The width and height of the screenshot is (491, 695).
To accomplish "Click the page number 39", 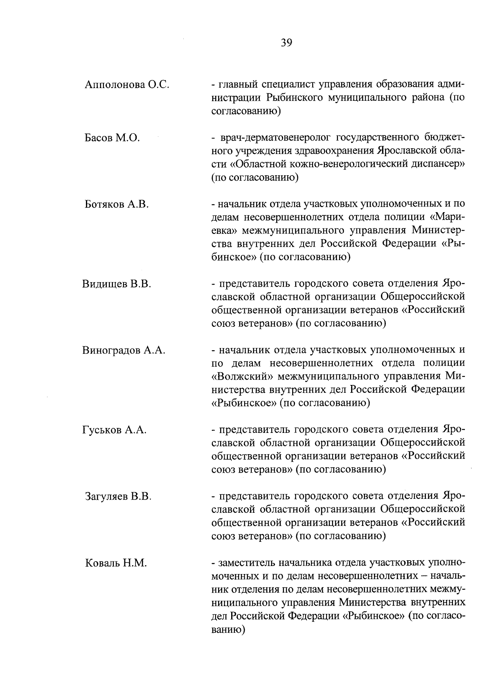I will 286,43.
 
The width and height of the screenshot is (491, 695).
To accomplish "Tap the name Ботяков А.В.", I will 117,204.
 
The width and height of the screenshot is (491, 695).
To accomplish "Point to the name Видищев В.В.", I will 117,284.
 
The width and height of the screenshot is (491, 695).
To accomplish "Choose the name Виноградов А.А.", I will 124,350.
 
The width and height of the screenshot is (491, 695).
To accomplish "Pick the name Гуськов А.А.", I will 114,430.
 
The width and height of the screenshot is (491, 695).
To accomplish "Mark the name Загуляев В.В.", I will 118,497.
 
